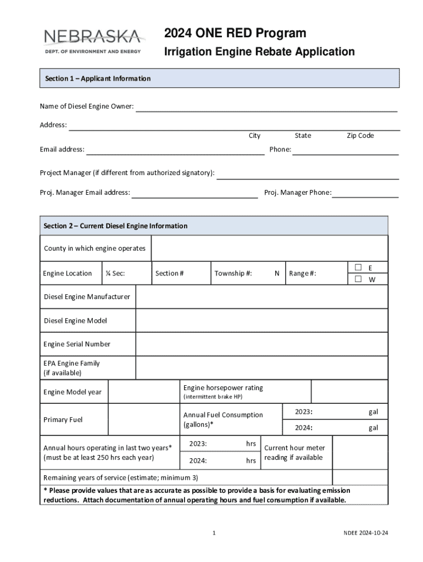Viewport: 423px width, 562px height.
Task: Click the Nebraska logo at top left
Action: point(92,42)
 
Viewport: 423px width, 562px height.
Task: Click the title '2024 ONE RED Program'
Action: point(235,33)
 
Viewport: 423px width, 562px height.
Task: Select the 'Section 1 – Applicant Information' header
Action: point(98,78)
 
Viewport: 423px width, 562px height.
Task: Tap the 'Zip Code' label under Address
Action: point(360,136)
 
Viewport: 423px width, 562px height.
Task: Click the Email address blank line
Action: point(175,150)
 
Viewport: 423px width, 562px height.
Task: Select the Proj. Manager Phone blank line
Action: point(365,193)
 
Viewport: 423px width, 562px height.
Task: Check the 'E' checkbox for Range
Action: point(358,267)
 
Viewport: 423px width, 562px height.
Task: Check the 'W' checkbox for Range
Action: point(358,279)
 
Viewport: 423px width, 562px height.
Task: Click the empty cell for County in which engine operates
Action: point(269,249)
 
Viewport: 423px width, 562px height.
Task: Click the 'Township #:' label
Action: point(233,273)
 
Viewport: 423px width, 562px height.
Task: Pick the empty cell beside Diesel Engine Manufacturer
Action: point(261,297)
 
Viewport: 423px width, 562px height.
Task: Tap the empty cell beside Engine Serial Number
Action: point(261,344)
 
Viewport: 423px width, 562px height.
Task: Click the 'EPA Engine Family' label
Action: point(71,363)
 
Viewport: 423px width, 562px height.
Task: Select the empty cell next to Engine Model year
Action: point(143,392)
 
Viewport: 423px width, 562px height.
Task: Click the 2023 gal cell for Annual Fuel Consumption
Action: point(335,412)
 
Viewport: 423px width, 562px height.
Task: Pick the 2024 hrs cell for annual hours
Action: point(220,461)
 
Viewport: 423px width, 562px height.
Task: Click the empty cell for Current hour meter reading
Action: point(360,453)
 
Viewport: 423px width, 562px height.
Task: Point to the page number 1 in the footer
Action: point(214,533)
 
